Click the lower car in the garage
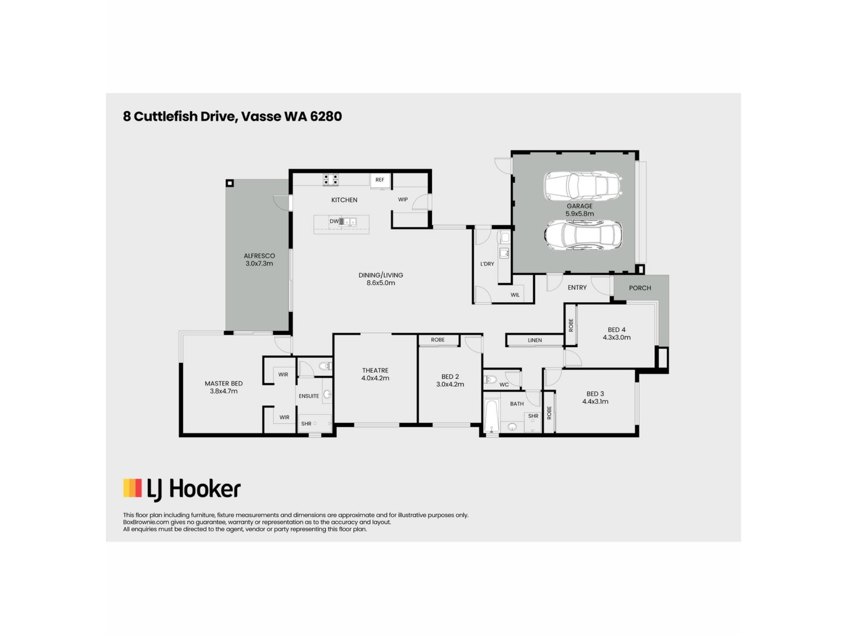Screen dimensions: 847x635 point(583,235)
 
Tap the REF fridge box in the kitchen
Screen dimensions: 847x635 point(380,180)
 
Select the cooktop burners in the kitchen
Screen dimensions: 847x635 point(331,180)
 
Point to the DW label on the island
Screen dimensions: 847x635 point(334,221)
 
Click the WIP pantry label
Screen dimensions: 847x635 point(403,200)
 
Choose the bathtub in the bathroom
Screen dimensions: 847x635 point(491,416)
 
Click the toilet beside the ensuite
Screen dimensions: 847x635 point(326,366)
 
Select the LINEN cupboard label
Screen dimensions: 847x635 point(535,340)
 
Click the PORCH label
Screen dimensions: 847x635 point(640,288)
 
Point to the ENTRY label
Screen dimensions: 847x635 point(577,288)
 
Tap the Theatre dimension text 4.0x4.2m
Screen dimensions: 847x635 point(375,378)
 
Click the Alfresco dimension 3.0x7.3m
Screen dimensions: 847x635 point(259,264)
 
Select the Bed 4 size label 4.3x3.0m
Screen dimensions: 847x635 point(617,338)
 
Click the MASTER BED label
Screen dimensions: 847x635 point(224,384)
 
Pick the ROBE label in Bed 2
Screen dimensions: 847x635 point(438,340)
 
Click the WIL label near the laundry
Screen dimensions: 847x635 point(515,295)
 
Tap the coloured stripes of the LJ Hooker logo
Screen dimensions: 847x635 point(132,488)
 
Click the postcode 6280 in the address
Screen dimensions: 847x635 point(326,116)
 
